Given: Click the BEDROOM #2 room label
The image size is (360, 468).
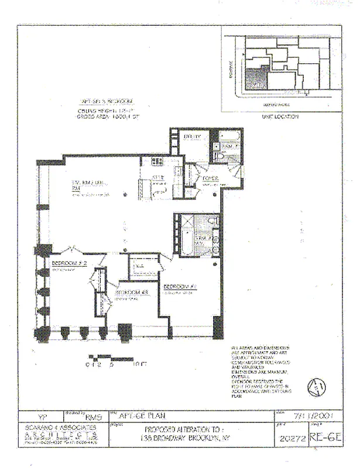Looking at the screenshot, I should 68,264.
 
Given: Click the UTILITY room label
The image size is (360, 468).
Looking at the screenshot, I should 193,137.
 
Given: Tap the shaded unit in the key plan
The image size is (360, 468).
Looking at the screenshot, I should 254,77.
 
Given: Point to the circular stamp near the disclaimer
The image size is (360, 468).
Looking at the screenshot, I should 316,387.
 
